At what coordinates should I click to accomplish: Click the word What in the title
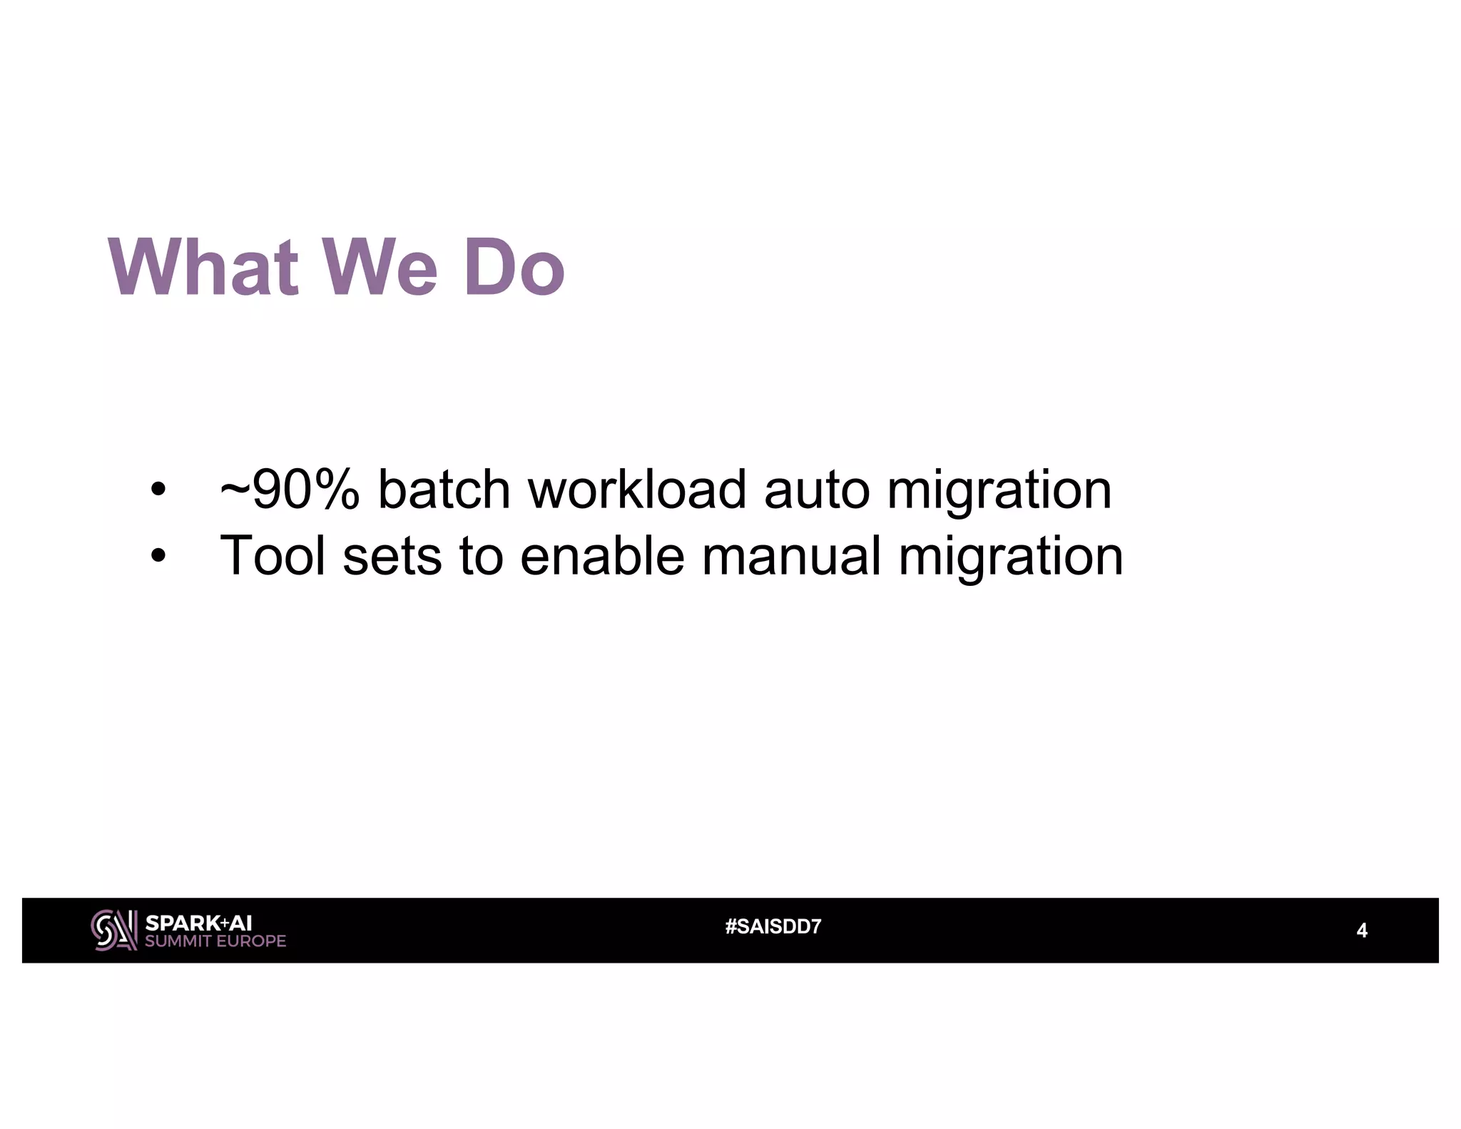203,268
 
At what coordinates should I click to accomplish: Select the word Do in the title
514,268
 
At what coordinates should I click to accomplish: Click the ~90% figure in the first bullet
290,490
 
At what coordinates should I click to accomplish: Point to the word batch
444,490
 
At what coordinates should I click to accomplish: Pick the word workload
637,490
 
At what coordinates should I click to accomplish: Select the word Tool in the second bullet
273,556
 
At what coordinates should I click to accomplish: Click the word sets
392,556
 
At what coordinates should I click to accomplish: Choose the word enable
602,556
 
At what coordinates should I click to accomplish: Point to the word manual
791,556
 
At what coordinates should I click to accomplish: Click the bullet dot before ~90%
158,491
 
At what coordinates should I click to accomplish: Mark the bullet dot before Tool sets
158,557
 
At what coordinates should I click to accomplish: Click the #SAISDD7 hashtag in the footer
773,927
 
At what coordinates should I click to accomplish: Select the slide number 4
1361,931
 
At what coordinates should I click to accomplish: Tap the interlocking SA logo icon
113,930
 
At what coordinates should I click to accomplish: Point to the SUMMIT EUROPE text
215,941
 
